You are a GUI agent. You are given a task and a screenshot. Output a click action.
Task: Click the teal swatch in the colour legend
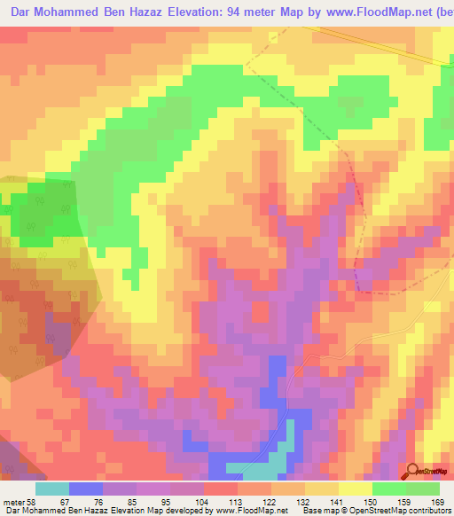tap(52, 489)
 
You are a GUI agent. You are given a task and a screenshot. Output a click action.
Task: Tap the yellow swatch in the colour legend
tap(356, 489)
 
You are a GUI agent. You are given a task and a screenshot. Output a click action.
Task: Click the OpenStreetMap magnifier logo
tap(413, 471)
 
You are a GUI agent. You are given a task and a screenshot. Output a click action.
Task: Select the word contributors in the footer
tap(427, 511)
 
